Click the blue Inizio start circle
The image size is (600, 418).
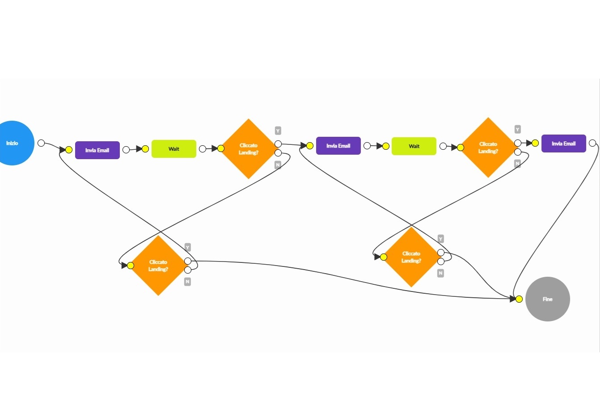13,143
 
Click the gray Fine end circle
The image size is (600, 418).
547,299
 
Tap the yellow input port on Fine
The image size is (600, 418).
519,299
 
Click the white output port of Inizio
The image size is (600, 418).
41,143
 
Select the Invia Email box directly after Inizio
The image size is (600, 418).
97,150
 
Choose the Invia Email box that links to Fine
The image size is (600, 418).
563,144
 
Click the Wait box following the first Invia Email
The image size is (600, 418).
173,149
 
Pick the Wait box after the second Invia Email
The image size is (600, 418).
414,146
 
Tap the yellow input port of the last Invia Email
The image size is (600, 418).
535,143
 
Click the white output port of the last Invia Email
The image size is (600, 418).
592,143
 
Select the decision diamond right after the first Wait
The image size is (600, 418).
248,149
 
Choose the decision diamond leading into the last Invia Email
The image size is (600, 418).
488,148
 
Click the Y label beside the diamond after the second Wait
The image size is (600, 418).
517,130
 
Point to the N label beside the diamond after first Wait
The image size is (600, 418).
278,165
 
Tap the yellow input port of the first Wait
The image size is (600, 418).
145,149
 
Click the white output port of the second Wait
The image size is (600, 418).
443,146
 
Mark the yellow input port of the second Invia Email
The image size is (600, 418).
310,146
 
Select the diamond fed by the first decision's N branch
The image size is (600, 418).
158,266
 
